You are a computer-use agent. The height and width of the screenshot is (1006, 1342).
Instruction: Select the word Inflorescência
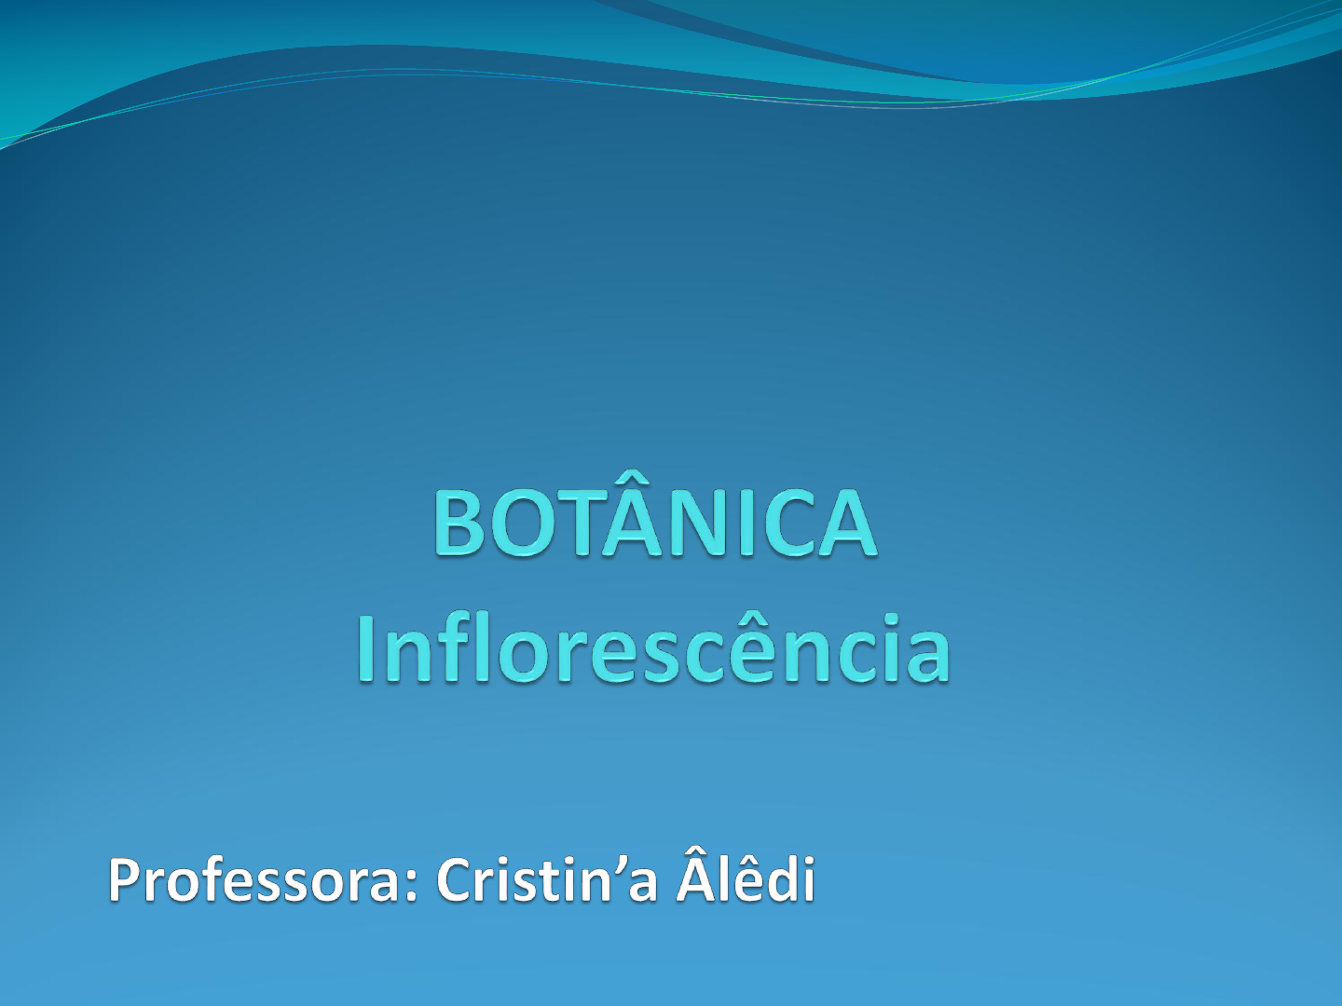pos(653,647)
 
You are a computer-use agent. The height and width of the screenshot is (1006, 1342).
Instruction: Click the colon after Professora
pos(410,886)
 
